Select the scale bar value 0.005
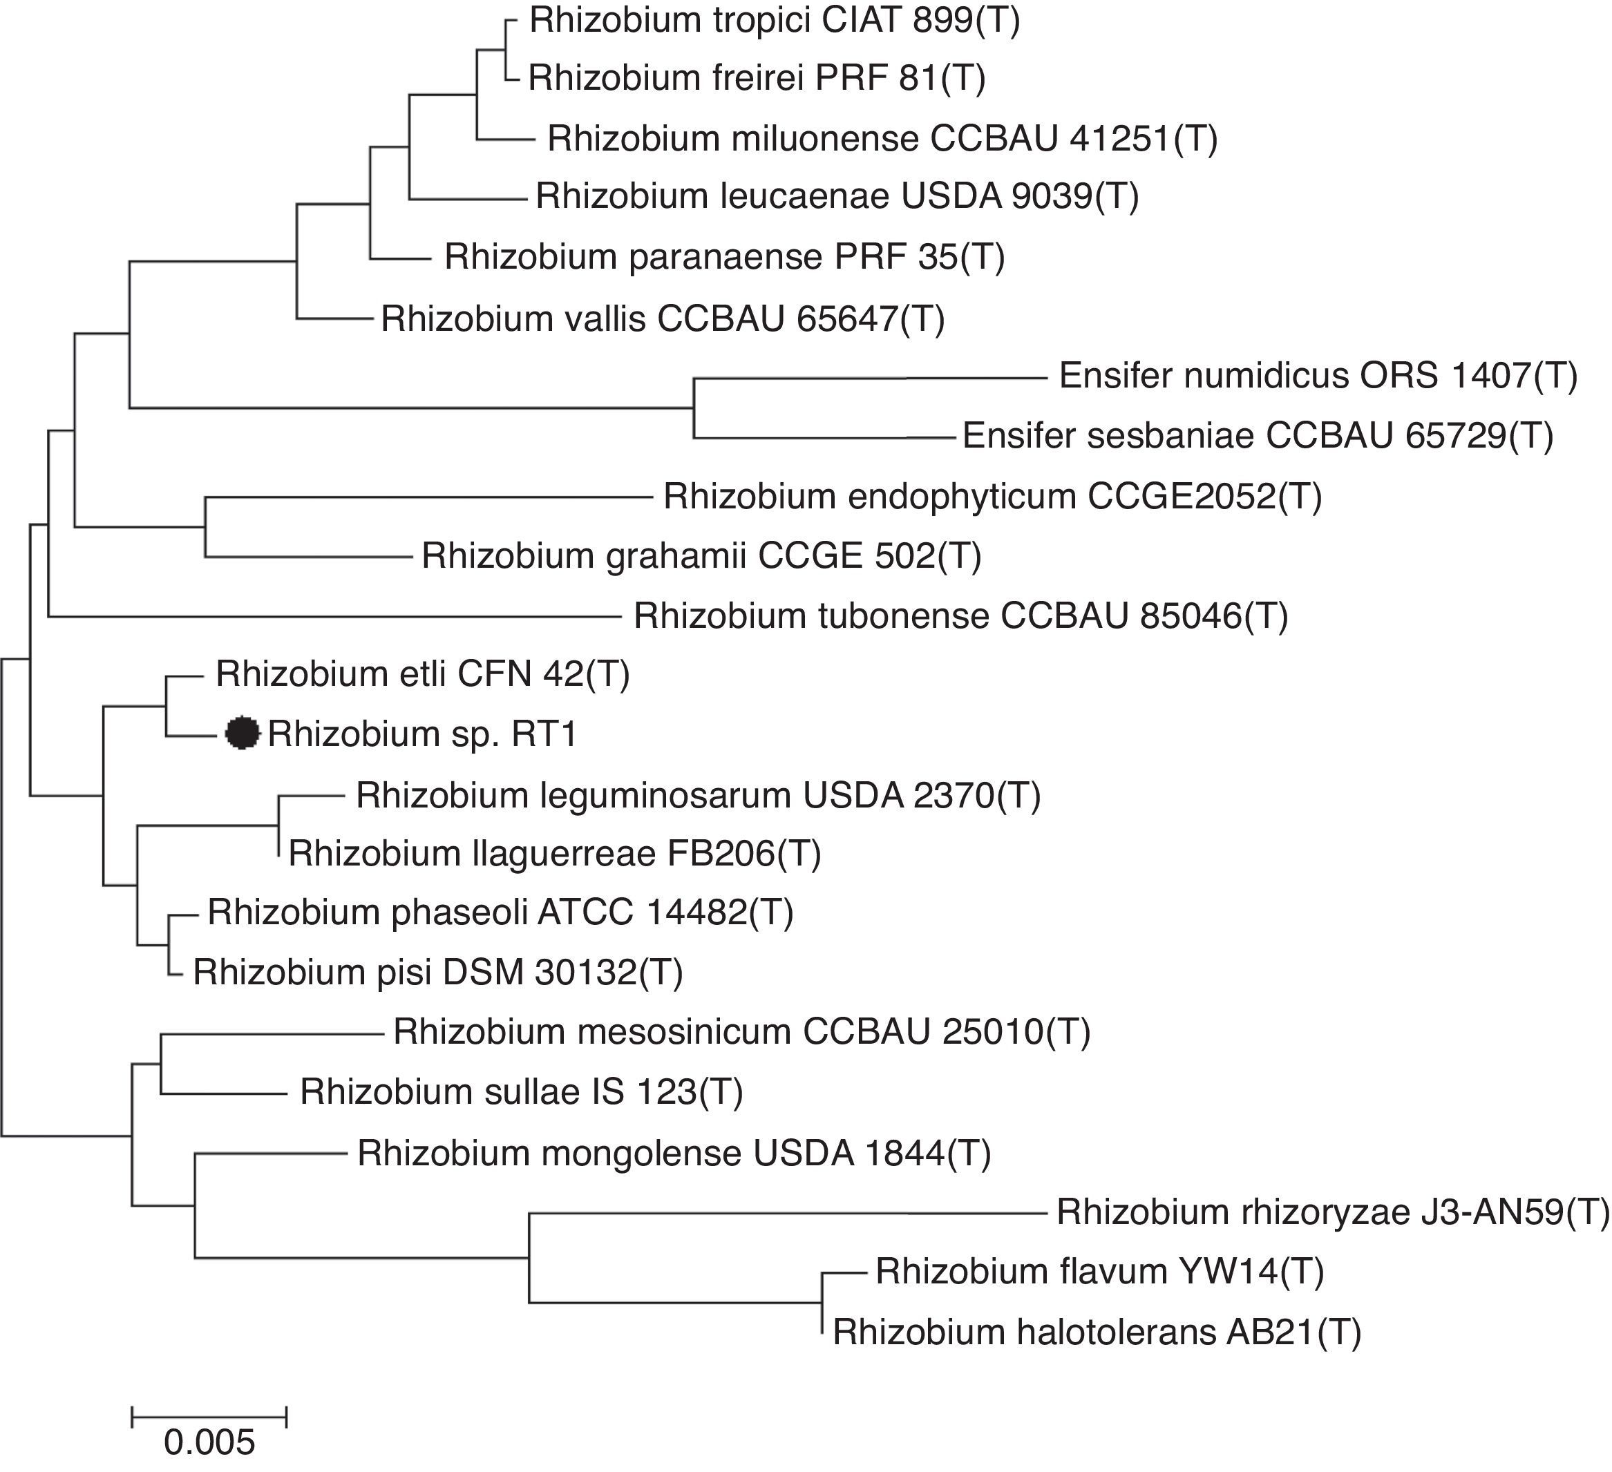209,1442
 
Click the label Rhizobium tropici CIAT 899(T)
774,20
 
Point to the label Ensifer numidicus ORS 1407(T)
1318,376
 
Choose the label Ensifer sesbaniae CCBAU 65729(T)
1257,436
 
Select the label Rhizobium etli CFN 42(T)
422,674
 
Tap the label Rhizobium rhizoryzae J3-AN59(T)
1332,1213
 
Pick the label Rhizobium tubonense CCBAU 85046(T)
960,615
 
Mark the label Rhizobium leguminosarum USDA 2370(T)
698,796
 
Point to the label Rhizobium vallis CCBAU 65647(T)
662,319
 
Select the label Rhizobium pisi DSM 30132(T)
437,973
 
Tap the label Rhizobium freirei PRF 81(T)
757,78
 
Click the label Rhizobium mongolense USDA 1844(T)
673,1153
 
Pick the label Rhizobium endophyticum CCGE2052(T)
992,497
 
